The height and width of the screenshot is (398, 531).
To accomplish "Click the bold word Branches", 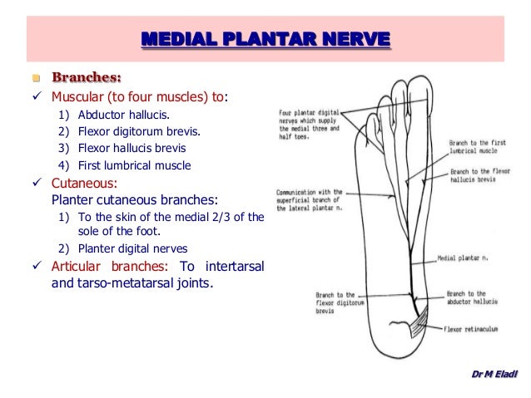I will pyautogui.click(x=87, y=79).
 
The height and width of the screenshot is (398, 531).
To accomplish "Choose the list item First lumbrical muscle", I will pyautogui.click(x=135, y=165).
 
